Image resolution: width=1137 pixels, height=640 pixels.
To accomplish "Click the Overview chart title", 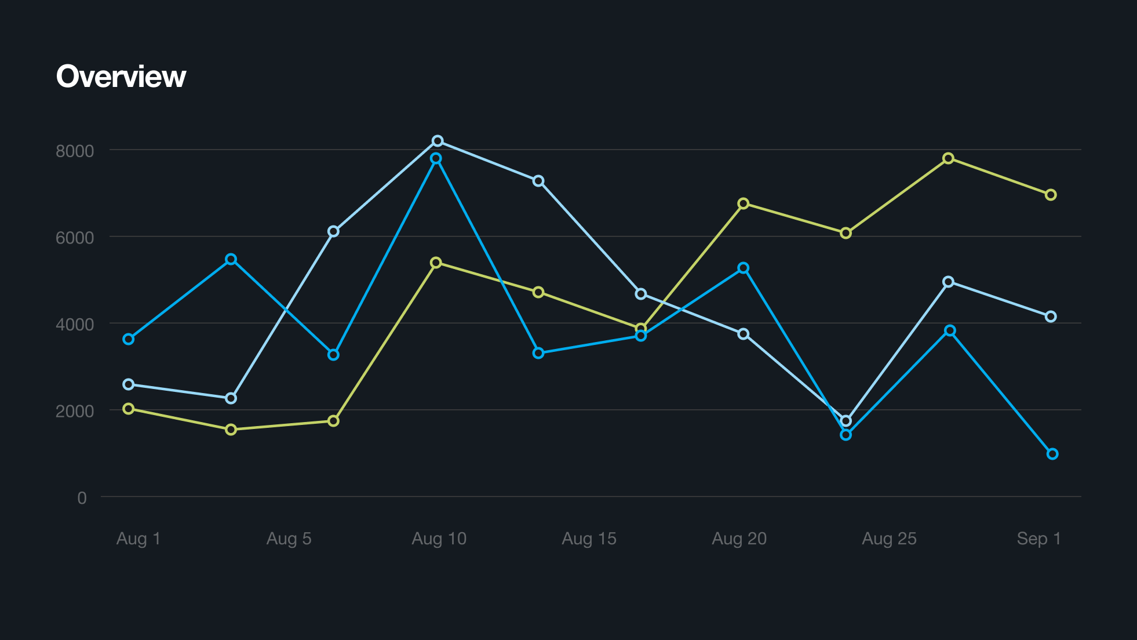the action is click(121, 77).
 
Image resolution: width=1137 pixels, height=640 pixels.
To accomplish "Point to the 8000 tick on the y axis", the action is click(75, 151).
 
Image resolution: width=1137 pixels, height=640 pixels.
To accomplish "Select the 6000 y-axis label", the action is click(75, 238).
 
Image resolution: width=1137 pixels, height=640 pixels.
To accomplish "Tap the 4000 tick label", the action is click(75, 325).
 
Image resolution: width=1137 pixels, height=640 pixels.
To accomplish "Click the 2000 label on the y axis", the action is click(75, 411).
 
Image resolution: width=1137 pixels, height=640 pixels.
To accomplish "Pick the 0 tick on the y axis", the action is click(82, 498).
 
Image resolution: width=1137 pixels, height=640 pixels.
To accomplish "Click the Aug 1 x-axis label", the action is click(139, 539).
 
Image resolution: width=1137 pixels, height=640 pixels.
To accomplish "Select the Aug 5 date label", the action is click(289, 539).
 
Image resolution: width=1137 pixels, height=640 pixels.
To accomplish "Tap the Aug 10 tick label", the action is click(439, 539).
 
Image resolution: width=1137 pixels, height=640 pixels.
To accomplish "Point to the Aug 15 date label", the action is click(589, 539).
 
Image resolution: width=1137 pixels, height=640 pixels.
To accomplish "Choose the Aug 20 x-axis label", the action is click(739, 539).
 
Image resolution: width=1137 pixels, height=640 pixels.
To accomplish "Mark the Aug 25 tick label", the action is click(890, 539).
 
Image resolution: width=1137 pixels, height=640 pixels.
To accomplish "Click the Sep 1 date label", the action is click(1039, 539).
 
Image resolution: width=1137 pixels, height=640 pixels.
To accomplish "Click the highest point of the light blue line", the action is click(438, 141).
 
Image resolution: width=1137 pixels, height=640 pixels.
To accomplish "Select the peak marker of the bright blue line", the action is click(436, 158).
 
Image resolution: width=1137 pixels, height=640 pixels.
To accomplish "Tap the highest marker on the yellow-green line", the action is click(948, 158).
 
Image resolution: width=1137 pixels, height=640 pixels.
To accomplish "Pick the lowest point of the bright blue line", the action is click(1052, 454).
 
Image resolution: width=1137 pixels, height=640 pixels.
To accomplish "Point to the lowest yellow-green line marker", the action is click(231, 430).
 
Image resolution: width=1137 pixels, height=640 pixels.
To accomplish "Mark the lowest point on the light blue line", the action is click(846, 421).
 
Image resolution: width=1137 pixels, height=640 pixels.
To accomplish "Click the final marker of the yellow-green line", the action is click(1051, 195).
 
